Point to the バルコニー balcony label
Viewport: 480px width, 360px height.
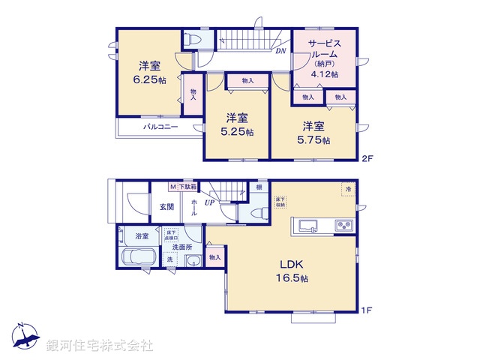160,127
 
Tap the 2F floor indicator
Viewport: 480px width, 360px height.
367,158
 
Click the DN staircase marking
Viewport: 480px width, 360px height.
280,52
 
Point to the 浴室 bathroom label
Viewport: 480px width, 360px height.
142,235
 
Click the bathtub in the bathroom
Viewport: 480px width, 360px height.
137,259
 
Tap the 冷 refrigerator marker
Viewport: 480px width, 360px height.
348,190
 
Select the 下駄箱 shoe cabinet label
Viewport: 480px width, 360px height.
187,186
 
